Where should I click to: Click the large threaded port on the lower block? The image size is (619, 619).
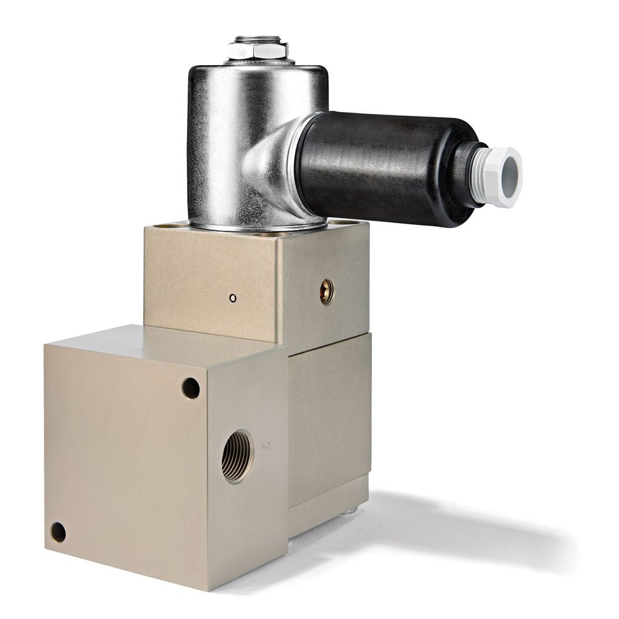[237, 457]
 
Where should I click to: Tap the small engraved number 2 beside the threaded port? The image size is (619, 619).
[267, 445]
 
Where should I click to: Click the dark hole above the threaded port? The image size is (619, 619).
[191, 389]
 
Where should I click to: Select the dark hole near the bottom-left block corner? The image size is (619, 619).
[58, 532]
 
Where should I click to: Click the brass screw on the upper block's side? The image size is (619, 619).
[326, 291]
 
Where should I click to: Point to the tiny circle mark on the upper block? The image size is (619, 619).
[233, 298]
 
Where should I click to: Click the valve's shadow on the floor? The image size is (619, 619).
[470, 533]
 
